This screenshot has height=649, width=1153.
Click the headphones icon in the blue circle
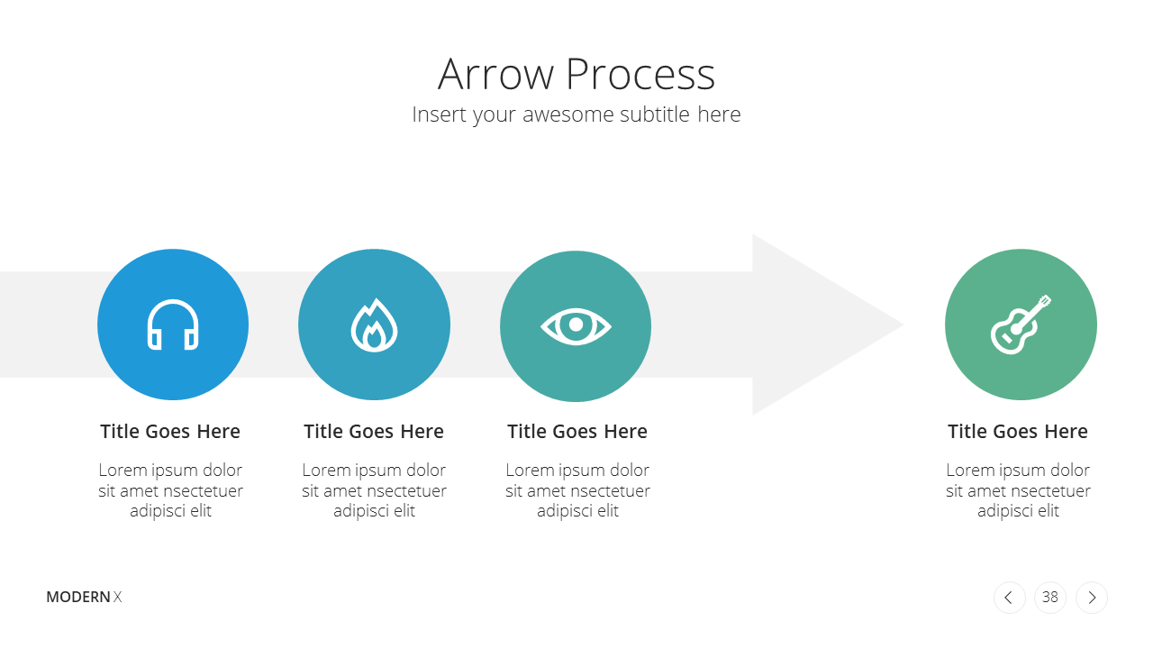(x=173, y=324)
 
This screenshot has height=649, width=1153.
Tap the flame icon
(x=374, y=325)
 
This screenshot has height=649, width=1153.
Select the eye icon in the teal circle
(x=576, y=325)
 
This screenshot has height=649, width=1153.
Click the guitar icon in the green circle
(x=1021, y=324)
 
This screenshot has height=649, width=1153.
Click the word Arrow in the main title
(x=495, y=74)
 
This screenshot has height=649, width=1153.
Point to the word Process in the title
(x=640, y=74)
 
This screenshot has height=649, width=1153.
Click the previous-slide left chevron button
(x=1010, y=598)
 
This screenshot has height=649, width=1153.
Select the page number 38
(x=1050, y=598)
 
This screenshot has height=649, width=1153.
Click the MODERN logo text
(x=78, y=597)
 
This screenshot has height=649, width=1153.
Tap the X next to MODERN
(x=117, y=597)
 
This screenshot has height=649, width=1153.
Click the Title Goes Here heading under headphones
(x=170, y=432)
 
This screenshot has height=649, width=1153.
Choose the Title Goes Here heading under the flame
(x=374, y=432)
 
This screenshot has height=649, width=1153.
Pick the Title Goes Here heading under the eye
(x=577, y=432)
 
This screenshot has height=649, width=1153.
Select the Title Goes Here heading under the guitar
(x=1018, y=432)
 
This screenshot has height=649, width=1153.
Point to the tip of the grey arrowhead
(x=903, y=324)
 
